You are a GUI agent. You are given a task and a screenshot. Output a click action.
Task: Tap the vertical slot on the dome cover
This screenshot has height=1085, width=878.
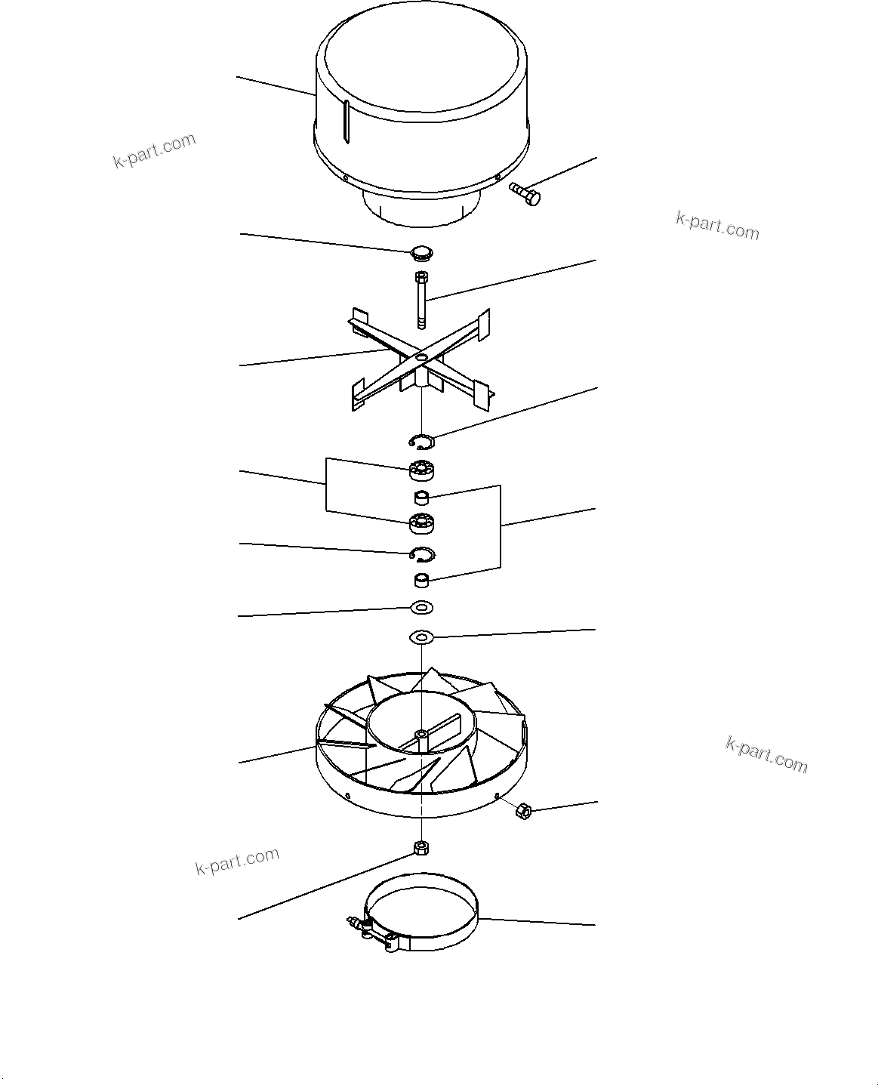pos(346,121)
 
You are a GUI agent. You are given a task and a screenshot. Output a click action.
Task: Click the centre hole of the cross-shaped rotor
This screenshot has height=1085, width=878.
pos(421,356)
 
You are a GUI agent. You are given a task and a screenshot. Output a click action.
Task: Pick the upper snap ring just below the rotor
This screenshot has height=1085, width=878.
pos(421,441)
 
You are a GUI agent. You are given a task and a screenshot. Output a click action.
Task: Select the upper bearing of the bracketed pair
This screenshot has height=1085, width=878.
pos(423,470)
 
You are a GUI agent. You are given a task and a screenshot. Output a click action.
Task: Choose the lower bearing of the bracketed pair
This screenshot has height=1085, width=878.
pos(423,522)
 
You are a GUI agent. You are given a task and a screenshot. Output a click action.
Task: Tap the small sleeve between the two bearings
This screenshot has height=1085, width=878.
pos(422,498)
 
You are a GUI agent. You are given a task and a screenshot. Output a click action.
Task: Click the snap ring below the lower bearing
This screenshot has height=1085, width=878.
pos(423,554)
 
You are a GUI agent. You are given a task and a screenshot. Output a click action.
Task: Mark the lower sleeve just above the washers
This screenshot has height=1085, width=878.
pos(422,581)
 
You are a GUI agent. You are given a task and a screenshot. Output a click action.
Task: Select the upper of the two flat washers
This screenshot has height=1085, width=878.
pos(421,607)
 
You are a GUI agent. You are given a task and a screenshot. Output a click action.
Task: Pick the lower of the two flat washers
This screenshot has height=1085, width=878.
pos(421,638)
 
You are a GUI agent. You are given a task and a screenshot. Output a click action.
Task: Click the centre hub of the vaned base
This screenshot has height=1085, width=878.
pos(421,734)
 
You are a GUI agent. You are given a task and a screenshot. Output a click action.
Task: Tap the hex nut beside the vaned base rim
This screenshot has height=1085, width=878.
pos(522,812)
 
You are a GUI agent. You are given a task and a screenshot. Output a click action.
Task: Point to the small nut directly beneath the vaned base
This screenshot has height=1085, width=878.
pos(421,848)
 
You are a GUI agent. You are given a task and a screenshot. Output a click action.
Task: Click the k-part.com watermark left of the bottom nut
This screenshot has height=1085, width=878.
pos(237,861)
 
